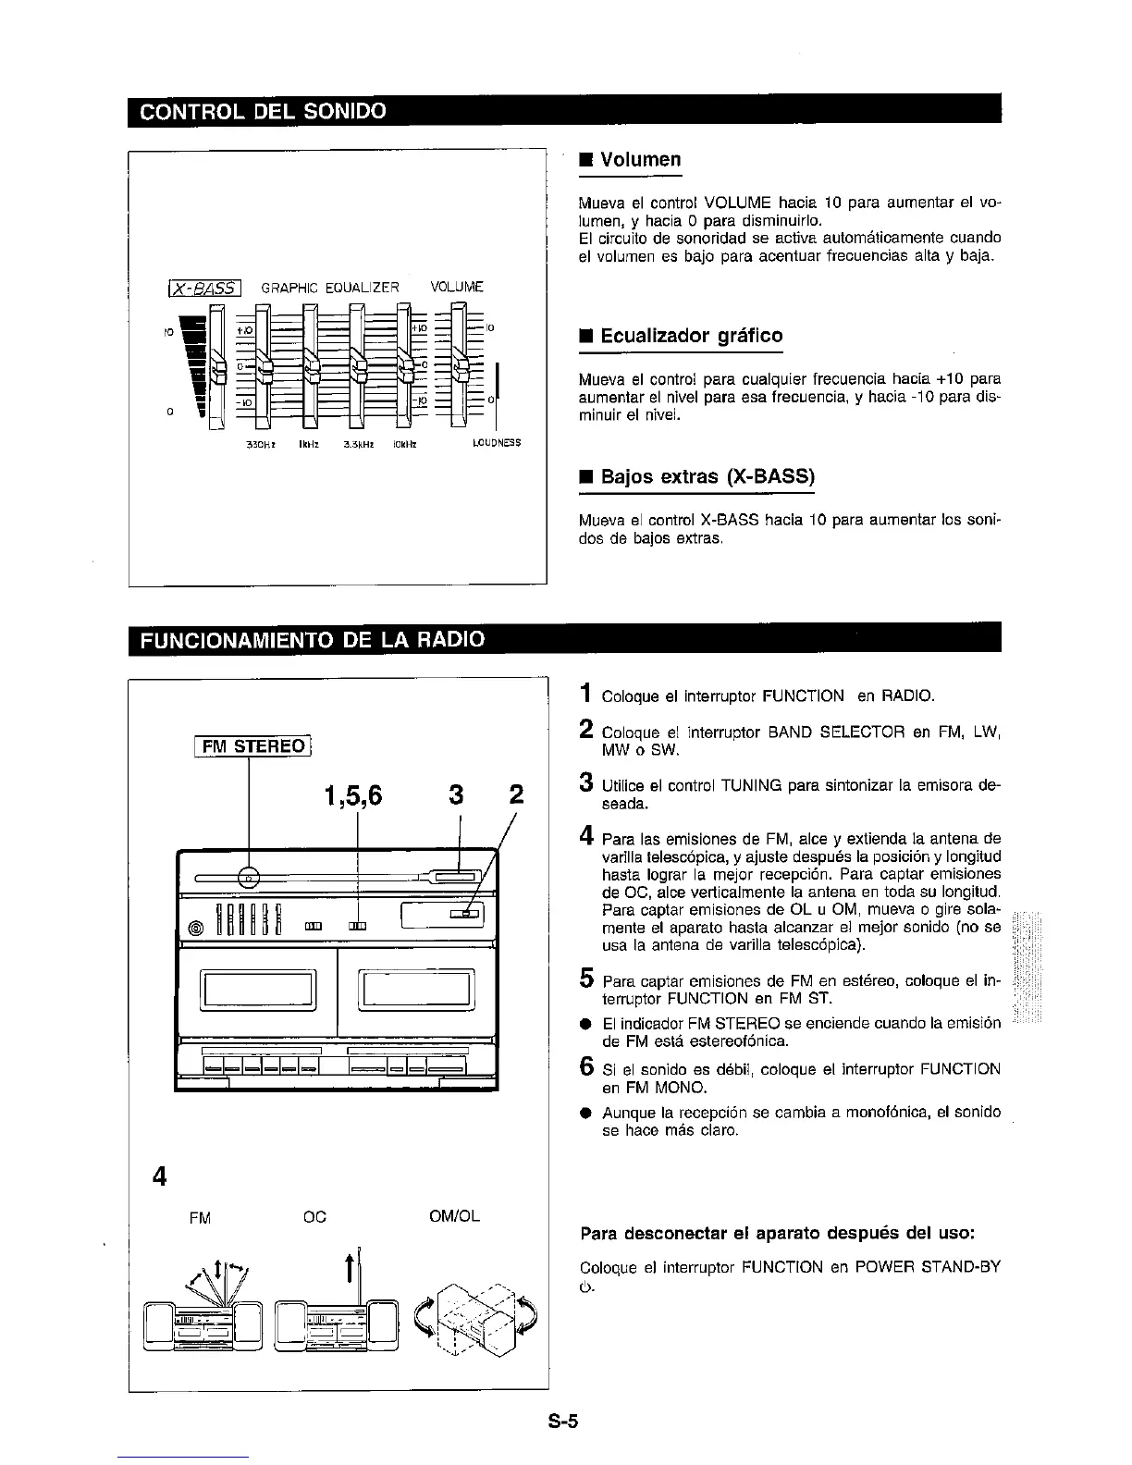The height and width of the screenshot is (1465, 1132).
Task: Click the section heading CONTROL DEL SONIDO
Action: point(262,112)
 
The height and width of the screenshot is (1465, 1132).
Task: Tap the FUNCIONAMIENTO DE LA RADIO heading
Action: point(312,640)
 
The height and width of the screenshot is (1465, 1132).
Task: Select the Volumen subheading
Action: point(640,159)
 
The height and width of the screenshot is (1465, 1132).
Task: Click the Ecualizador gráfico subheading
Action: point(691,335)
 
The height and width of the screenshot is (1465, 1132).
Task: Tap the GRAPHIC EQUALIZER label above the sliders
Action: point(330,288)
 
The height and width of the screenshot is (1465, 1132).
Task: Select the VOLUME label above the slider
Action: point(457,287)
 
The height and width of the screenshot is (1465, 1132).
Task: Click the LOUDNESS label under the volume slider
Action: point(497,443)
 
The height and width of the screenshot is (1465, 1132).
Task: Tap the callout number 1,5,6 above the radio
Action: point(353,794)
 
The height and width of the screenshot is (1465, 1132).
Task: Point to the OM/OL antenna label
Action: point(454,1217)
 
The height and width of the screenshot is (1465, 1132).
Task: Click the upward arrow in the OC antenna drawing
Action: point(350,1268)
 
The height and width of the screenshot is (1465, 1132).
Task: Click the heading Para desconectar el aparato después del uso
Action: point(777,1234)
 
